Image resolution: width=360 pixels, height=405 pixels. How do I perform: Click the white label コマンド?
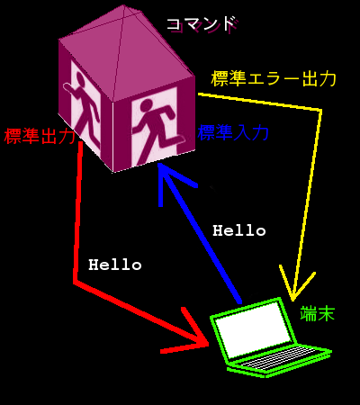pos(201,24)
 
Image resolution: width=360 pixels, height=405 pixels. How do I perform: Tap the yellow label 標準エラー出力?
pos(274,79)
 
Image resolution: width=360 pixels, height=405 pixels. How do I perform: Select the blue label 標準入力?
pos(233,132)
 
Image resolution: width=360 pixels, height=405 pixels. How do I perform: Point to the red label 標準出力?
pos(40,136)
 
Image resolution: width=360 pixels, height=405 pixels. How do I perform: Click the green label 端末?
pos(318,314)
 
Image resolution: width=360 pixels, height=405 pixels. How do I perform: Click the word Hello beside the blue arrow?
pos(239,230)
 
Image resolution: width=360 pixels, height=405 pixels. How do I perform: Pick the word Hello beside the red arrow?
pos(115,265)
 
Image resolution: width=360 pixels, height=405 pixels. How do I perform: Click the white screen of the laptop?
pos(254,329)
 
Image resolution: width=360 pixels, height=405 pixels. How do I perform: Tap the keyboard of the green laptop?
pos(277,357)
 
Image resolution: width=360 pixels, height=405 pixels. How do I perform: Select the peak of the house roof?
pos(124,5)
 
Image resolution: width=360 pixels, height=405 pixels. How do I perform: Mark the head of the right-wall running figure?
pos(147,105)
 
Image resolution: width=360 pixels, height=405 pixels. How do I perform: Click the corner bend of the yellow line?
pos(321,111)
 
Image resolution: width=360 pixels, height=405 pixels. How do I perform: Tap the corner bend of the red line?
pos(75,282)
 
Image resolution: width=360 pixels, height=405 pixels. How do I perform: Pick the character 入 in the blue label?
pos(241,132)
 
